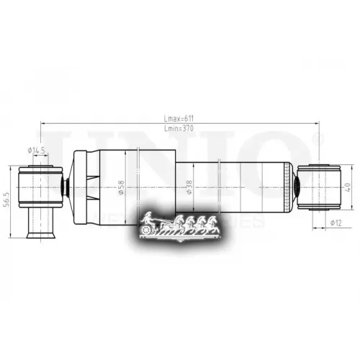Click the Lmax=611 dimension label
coord(178,120)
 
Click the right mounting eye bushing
coord(320,186)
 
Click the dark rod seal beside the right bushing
coord(296,186)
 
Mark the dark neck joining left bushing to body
coord(66,186)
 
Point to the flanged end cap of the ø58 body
coord(81,186)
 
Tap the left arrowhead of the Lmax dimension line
coord(43,125)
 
